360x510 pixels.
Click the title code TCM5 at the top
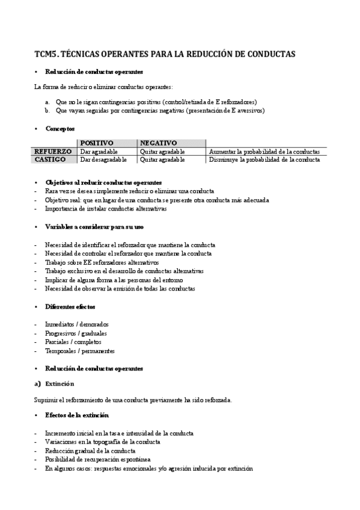[x=47, y=54]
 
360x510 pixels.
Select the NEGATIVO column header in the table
[x=158, y=143]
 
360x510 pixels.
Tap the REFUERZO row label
[x=53, y=152]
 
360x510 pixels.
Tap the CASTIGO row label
[x=50, y=160]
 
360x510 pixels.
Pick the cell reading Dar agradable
[x=99, y=152]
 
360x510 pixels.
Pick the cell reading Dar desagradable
[x=103, y=160]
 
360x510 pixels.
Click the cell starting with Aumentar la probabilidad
[x=264, y=152]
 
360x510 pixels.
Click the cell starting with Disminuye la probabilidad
[x=264, y=160]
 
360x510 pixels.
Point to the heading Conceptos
[x=60, y=128]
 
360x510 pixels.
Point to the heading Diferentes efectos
[x=70, y=307]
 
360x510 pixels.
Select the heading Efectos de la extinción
[x=76, y=416]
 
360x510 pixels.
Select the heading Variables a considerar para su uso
[x=94, y=227]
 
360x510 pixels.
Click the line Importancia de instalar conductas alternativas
[x=105, y=209]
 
